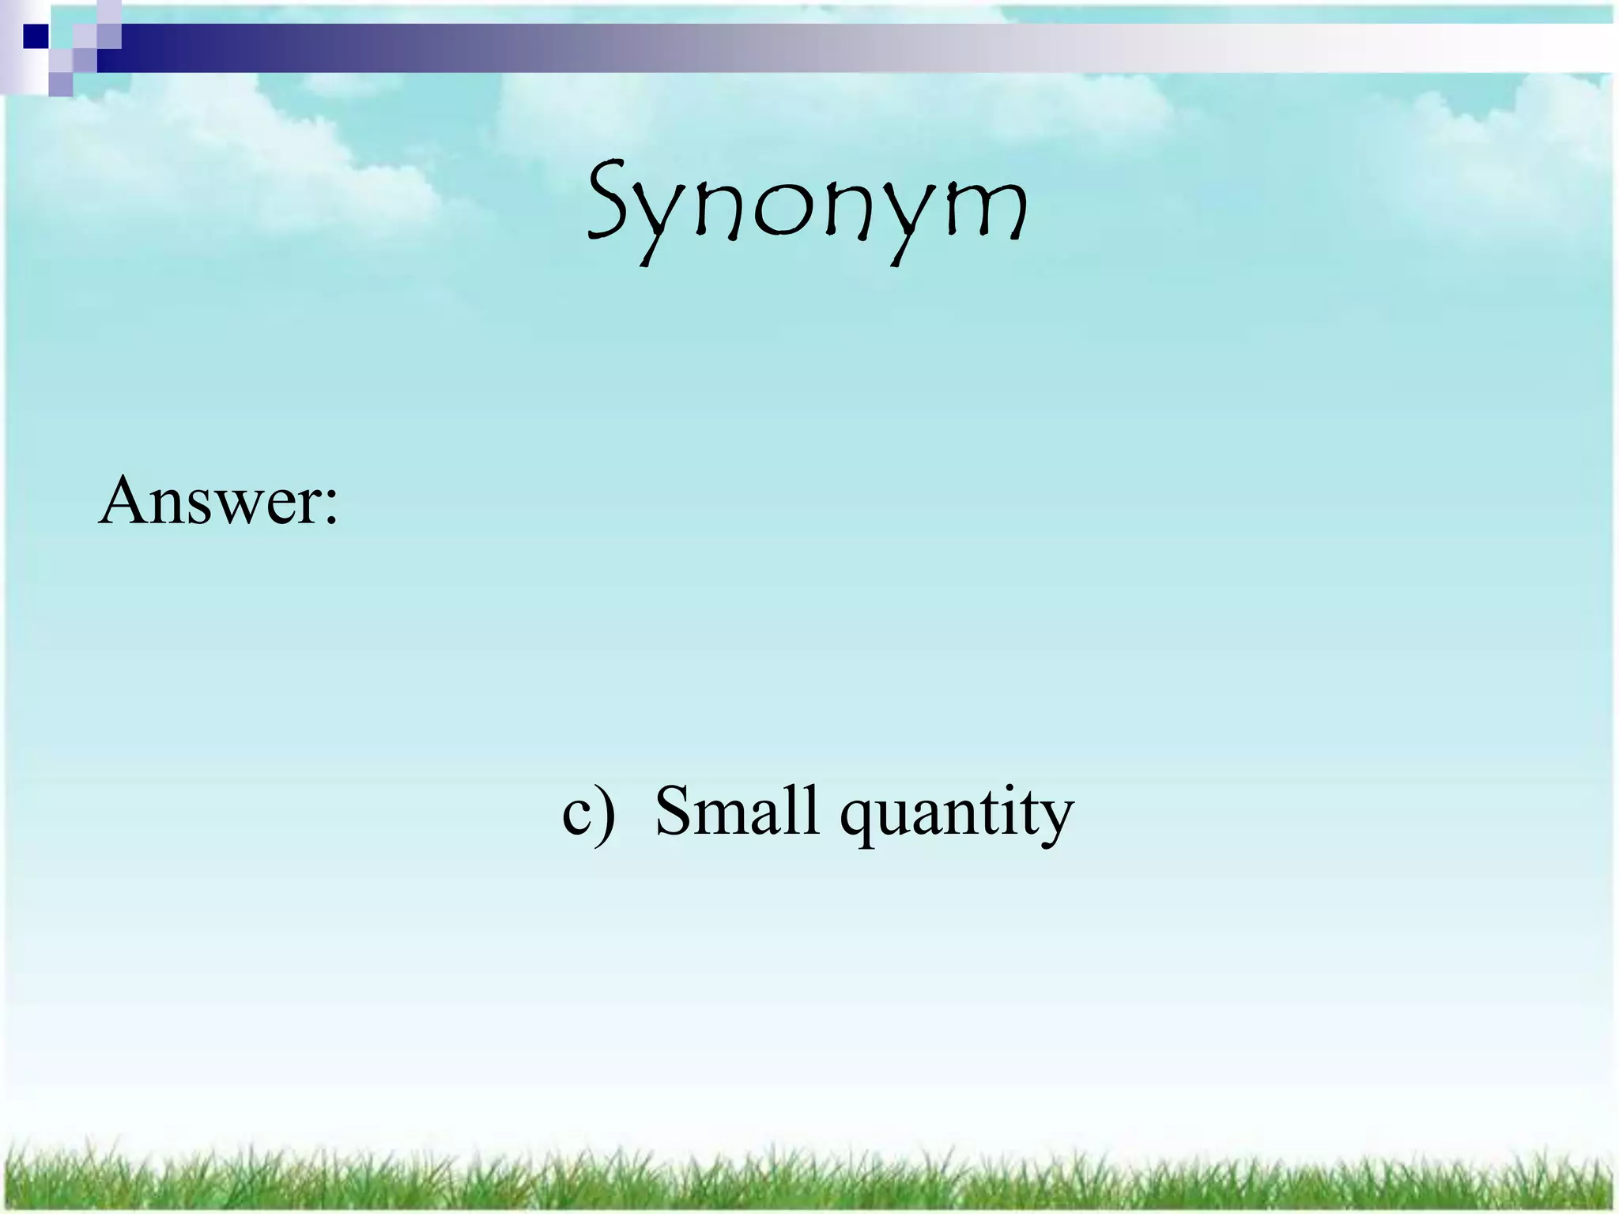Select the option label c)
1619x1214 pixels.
588,812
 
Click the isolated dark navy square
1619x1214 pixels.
35,36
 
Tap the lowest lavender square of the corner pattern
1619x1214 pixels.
60,84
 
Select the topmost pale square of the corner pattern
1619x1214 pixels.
109,9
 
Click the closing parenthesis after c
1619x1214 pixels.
606,812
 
